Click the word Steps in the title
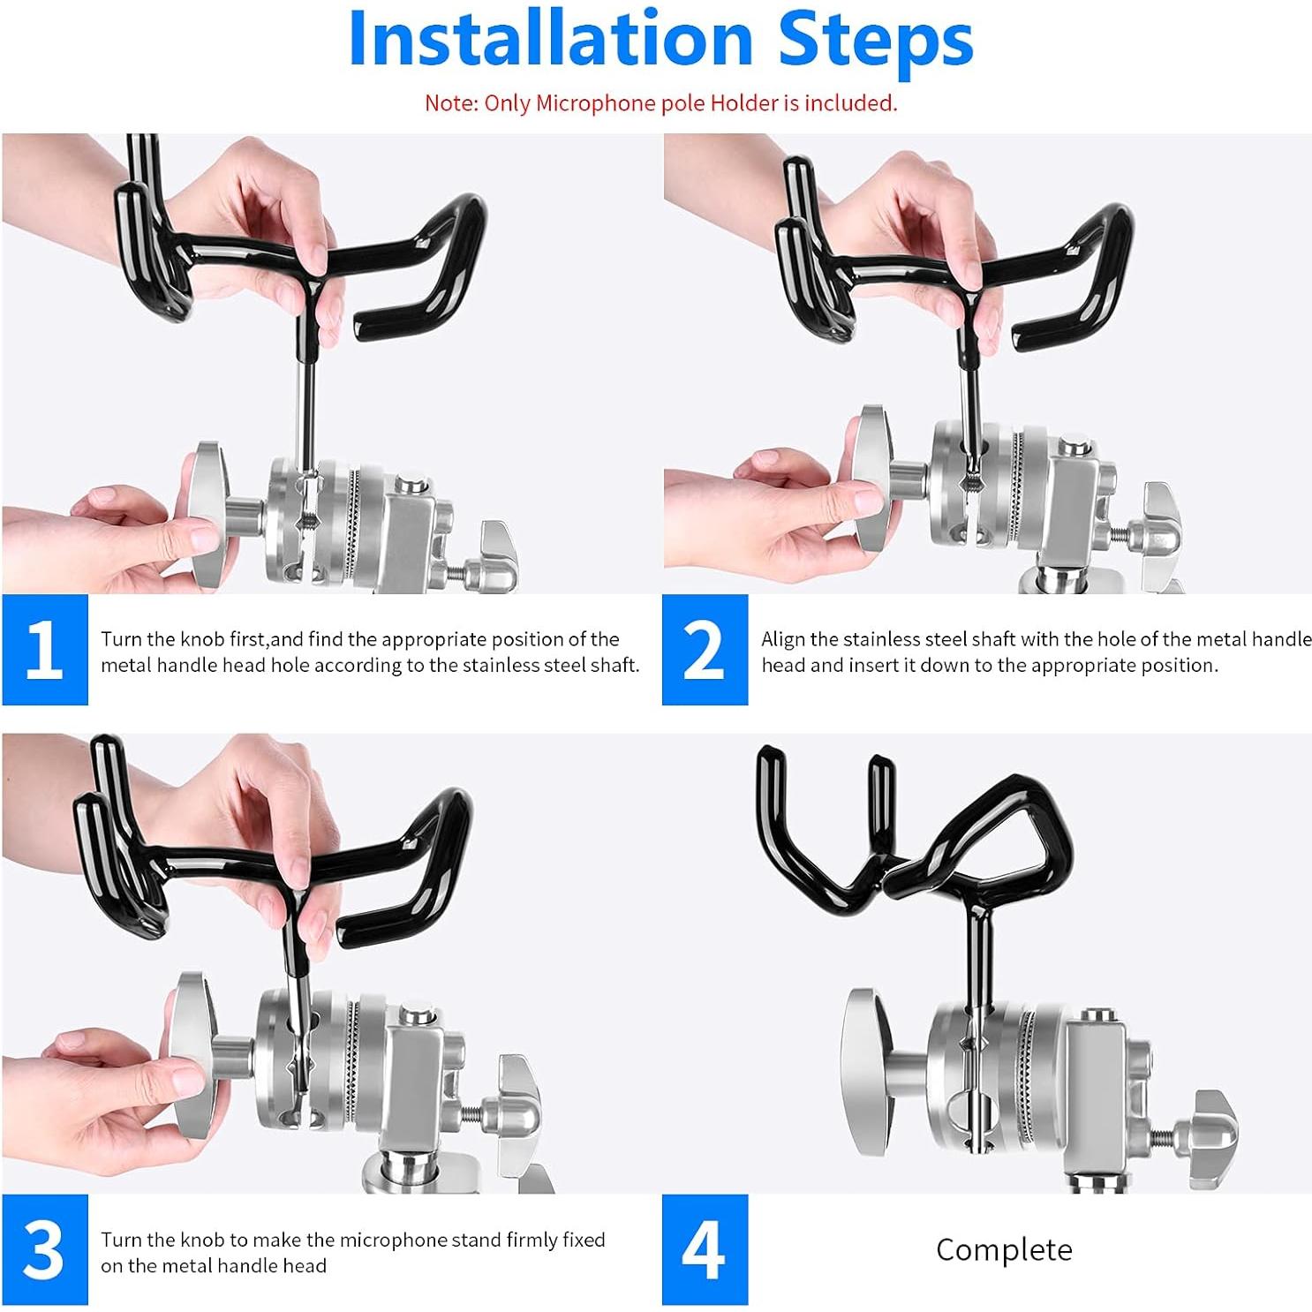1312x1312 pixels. coord(876,42)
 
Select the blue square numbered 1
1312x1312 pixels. coord(45,650)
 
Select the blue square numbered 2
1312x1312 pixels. coord(705,650)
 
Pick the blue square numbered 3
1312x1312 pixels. coord(45,1249)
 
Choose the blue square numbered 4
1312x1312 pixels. coord(705,1249)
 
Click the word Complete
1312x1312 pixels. coord(1004,1249)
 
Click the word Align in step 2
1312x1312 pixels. coord(783,639)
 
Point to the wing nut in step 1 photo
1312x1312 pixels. coord(496,558)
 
